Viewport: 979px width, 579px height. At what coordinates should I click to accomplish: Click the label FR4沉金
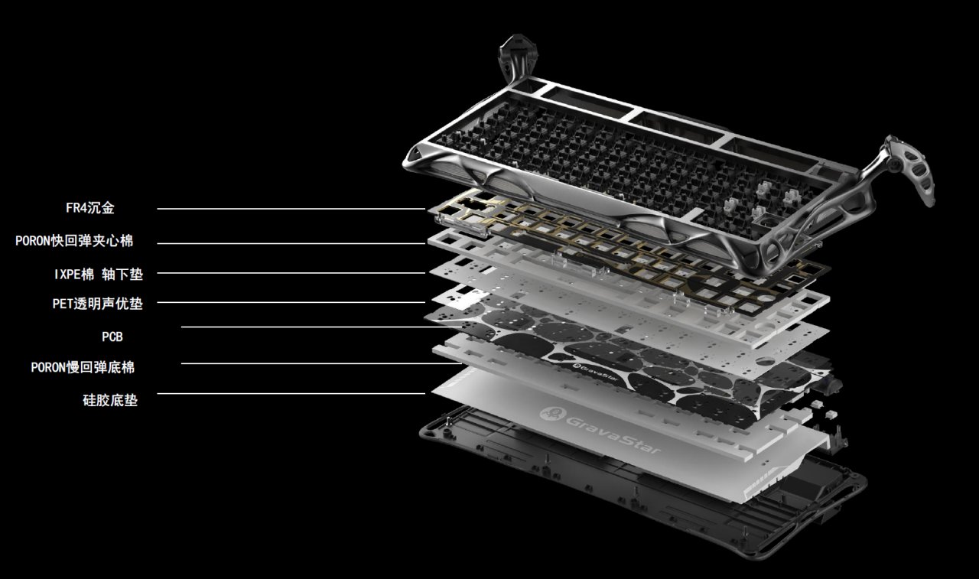[90, 207]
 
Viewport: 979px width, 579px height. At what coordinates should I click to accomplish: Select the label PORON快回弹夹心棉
[74, 241]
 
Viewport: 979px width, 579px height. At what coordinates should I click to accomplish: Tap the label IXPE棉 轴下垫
[99, 274]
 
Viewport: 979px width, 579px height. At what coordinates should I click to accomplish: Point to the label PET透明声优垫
[97, 303]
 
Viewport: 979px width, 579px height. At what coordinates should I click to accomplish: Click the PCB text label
[112, 337]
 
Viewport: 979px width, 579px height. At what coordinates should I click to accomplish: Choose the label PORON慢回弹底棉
[83, 367]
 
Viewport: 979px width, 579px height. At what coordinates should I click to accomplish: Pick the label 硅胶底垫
[110, 400]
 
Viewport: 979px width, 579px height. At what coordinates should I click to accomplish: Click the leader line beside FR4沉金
[291, 209]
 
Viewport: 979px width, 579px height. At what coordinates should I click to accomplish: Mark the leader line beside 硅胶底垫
[291, 394]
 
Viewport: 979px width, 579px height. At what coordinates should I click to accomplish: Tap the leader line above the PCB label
[321, 327]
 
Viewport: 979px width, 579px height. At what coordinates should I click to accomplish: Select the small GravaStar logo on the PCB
[595, 372]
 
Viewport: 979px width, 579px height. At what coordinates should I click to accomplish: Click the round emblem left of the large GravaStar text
[552, 413]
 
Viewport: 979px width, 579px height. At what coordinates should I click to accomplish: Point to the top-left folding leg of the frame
[518, 59]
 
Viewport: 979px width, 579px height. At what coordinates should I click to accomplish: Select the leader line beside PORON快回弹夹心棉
[291, 243]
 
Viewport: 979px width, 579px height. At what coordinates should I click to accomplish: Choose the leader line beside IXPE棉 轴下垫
[291, 273]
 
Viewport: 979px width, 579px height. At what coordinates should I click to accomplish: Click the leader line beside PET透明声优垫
[291, 302]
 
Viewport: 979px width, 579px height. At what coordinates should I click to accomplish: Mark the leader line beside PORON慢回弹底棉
[321, 363]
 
